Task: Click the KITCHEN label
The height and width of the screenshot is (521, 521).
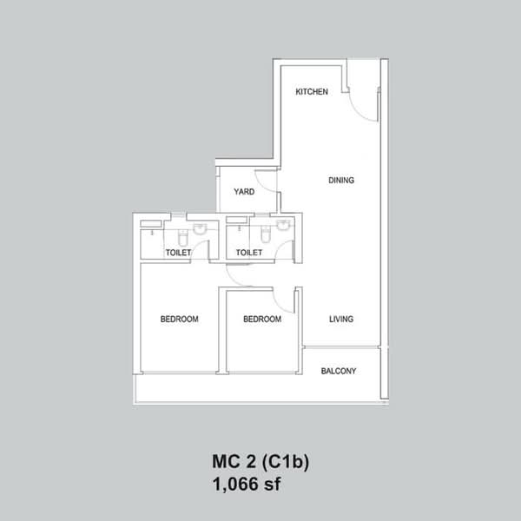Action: point(312,92)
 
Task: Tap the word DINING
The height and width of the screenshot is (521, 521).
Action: point(341,180)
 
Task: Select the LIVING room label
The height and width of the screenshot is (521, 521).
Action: point(341,319)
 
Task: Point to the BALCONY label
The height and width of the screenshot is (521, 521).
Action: point(339,371)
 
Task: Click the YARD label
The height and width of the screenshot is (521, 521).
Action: point(244,192)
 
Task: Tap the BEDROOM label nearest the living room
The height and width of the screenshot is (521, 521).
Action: point(262,319)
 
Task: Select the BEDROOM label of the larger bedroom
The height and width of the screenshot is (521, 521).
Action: point(180,319)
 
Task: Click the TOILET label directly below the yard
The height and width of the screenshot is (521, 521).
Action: point(249,253)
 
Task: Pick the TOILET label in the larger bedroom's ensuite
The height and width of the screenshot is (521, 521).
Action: point(178,253)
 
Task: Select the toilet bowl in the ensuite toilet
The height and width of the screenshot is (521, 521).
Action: point(183,236)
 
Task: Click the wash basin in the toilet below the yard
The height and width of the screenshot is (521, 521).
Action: point(283,225)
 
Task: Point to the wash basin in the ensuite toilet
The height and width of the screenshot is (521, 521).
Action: point(200,228)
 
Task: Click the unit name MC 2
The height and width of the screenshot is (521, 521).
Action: point(234,461)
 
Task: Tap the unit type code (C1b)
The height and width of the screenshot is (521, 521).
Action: point(286,462)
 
